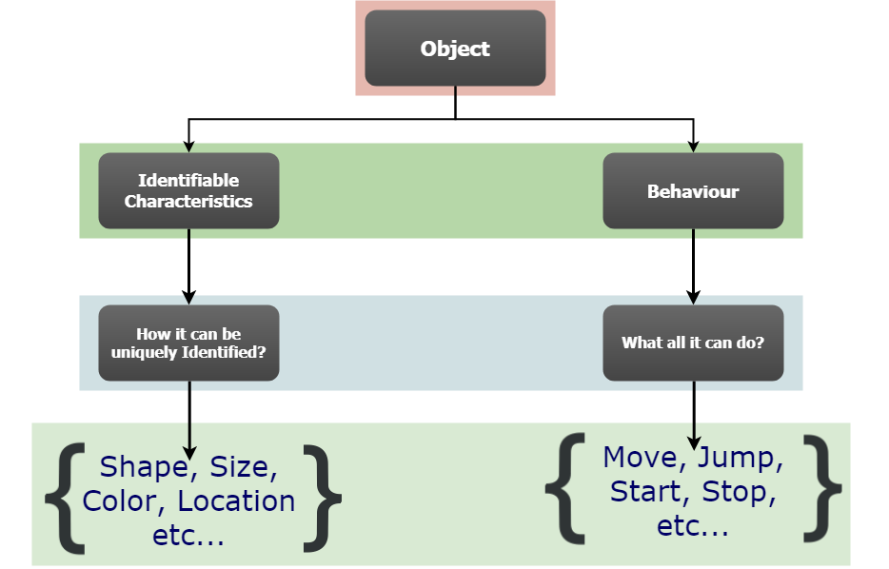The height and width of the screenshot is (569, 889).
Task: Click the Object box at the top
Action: tap(455, 49)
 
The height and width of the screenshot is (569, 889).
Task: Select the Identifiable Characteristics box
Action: tap(188, 190)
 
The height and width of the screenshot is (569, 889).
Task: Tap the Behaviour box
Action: tap(693, 191)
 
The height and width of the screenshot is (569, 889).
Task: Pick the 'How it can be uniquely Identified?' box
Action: tap(188, 343)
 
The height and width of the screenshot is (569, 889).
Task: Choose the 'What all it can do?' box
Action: tap(693, 343)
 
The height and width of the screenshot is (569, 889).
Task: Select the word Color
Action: tap(123, 501)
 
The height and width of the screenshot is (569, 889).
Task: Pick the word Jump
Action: tap(741, 459)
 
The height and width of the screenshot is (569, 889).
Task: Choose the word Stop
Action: tap(739, 492)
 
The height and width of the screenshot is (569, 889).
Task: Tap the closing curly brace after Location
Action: tap(322, 498)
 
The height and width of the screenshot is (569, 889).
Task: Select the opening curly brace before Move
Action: tap(565, 490)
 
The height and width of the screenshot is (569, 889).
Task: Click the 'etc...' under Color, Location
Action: tap(188, 535)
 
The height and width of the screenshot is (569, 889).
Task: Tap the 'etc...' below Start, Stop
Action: tap(693, 525)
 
